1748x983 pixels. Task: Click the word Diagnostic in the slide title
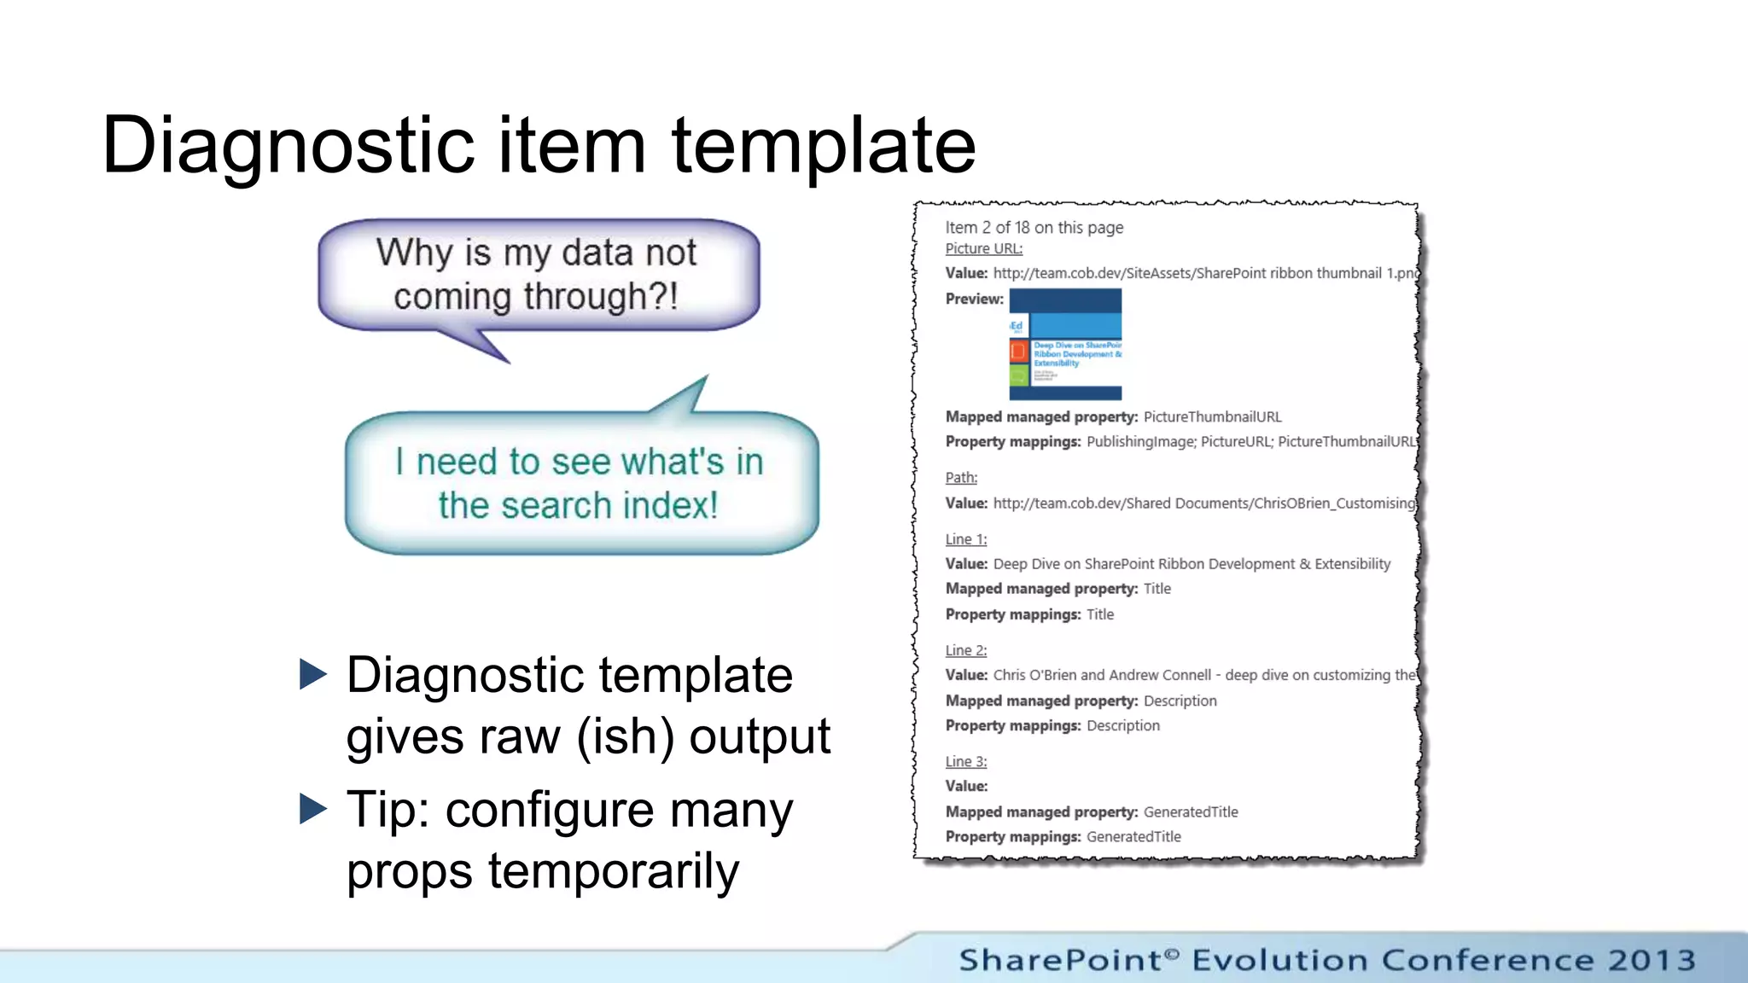(x=287, y=146)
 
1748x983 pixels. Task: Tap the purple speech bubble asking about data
(x=538, y=275)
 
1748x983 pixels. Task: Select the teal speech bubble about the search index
(x=580, y=483)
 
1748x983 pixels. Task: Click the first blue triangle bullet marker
(x=313, y=675)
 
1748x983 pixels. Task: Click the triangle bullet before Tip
(x=313, y=809)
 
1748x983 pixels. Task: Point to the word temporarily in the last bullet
(x=613, y=872)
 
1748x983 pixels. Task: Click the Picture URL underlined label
(x=983, y=248)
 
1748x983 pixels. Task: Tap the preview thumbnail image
(x=1065, y=344)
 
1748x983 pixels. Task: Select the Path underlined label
(x=961, y=478)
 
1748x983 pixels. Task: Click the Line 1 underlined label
(x=965, y=539)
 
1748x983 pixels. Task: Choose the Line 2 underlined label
(x=965, y=650)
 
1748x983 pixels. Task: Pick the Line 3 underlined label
(x=965, y=761)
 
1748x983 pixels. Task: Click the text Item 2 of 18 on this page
(x=1034, y=227)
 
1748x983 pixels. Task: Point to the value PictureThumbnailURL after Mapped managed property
(x=1212, y=416)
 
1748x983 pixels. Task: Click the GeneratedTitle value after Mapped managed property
(x=1190, y=811)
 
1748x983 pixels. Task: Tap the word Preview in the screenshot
(x=974, y=299)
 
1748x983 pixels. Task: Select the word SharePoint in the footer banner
(x=1060, y=960)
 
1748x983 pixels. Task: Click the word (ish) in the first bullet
(x=625, y=737)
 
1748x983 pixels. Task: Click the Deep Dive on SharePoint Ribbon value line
(x=1192, y=564)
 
